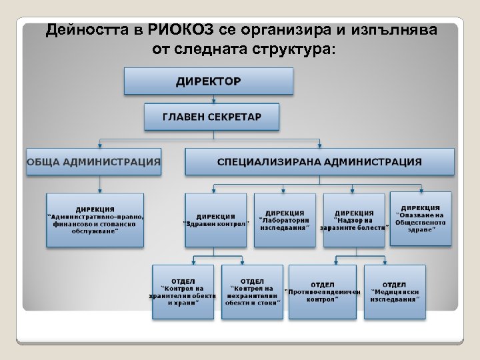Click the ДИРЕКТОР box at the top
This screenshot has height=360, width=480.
pos(208,81)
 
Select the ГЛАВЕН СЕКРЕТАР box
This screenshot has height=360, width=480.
pos(212,117)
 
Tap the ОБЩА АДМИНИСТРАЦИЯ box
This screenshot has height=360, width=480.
pos(93,161)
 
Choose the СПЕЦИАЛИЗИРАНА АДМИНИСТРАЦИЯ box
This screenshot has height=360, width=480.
pos(319,161)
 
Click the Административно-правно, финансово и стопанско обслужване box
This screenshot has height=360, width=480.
pos(95,220)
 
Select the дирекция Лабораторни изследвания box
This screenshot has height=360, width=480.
pos(285,220)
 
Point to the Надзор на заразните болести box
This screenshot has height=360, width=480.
pos(354,220)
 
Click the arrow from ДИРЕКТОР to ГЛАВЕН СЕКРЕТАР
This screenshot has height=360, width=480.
pos(212,99)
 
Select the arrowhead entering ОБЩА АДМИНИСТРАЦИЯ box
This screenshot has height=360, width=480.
pos(100,145)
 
